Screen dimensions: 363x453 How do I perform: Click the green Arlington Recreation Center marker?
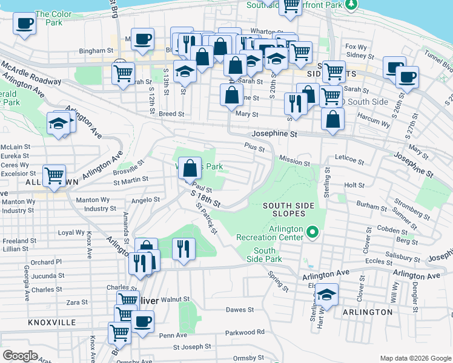click(x=312, y=232)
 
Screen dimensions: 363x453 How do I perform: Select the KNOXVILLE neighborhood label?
click(x=52, y=322)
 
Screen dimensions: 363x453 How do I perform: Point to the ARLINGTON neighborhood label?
click(x=368, y=312)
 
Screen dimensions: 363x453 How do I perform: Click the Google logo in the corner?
click(x=20, y=356)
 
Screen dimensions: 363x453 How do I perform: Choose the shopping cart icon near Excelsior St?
click(x=55, y=175)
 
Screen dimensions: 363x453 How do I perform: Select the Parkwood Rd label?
click(x=245, y=332)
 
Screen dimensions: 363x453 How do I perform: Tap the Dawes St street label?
click(x=239, y=310)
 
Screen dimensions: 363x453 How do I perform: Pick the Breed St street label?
click(x=172, y=114)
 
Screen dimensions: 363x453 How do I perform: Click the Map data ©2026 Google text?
click(x=414, y=358)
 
